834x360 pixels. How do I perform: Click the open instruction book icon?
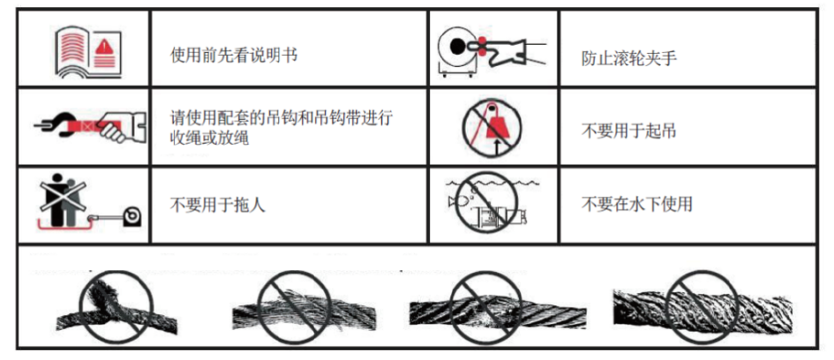coord(88,51)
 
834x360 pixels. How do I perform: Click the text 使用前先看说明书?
coord(233,55)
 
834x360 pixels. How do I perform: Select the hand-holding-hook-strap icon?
coord(88,126)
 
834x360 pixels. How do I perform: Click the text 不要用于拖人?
coord(217,205)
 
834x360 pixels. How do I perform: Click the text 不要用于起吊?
coord(628,131)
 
